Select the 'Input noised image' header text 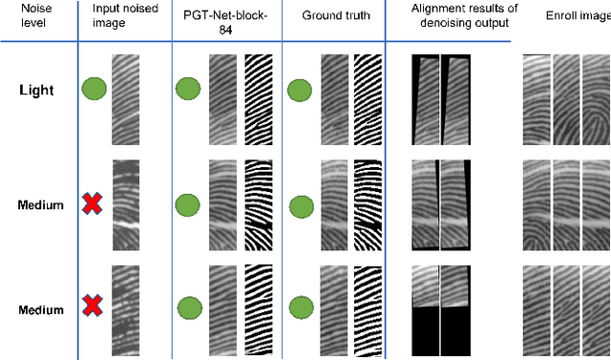[x=123, y=15]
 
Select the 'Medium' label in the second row [x=39, y=204]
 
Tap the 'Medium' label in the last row [x=39, y=309]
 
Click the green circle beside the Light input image [x=94, y=91]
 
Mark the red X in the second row [x=92, y=203]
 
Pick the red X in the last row [x=92, y=307]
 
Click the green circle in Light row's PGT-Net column [x=188, y=91]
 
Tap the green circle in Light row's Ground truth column [x=300, y=92]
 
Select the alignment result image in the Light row [x=439, y=99]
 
